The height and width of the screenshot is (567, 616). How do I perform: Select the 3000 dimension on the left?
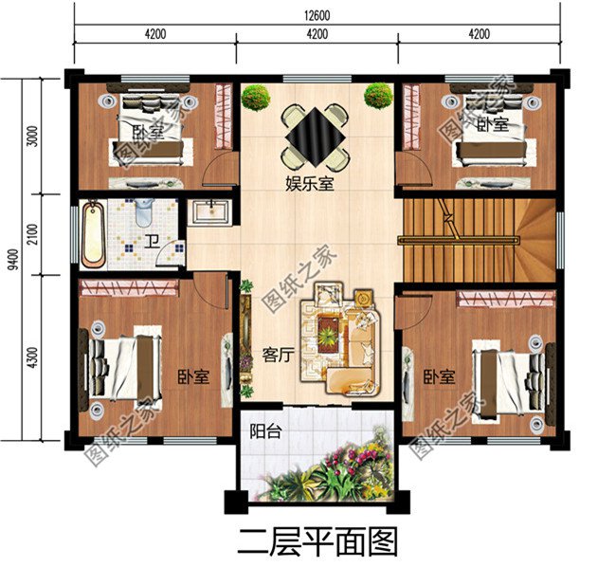pyautogui.click(x=33, y=137)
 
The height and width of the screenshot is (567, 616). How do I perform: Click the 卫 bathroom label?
pyautogui.click(x=151, y=242)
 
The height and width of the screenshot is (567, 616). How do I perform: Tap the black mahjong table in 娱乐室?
pyautogui.click(x=314, y=136)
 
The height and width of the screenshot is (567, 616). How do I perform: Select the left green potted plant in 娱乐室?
pyautogui.click(x=255, y=96)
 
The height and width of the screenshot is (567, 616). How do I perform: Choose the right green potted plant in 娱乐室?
pyautogui.click(x=378, y=95)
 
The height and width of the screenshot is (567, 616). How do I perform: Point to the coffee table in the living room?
pyautogui.click(x=328, y=332)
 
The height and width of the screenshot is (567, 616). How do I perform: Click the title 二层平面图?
pyautogui.click(x=317, y=542)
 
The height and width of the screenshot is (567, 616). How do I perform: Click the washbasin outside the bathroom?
pyautogui.click(x=208, y=210)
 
